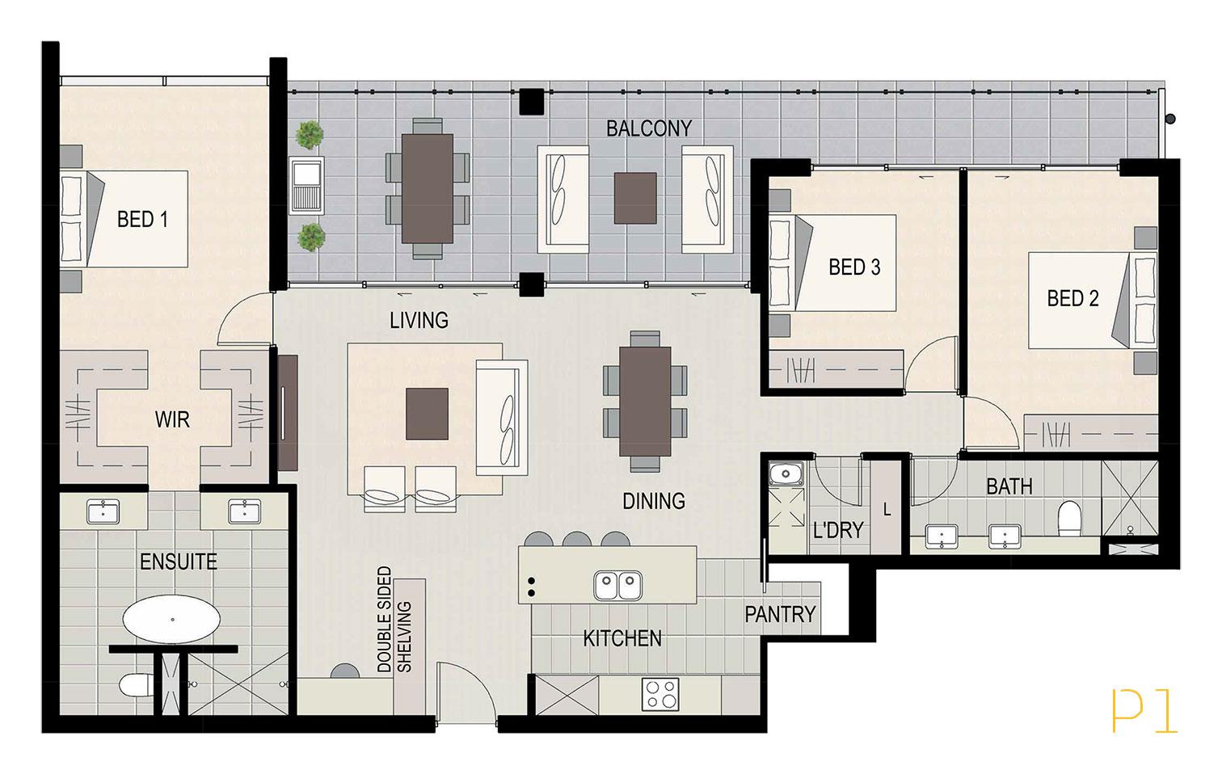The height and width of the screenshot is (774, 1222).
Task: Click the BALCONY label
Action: pyautogui.click(x=649, y=128)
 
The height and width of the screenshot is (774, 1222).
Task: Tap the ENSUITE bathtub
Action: pyautogui.click(x=172, y=620)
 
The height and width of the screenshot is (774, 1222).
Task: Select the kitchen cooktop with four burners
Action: pyautogui.click(x=660, y=694)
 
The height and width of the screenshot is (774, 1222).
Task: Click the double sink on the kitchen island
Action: pyautogui.click(x=617, y=585)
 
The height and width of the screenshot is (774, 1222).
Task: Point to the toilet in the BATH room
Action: pyautogui.click(x=1070, y=519)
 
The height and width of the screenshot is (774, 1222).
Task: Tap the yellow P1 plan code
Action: pyautogui.click(x=1144, y=711)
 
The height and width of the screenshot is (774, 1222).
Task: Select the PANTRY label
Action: pyautogui.click(x=780, y=614)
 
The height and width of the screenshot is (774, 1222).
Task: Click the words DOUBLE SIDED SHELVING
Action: pyautogui.click(x=394, y=619)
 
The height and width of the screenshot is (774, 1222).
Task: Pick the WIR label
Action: pyautogui.click(x=172, y=420)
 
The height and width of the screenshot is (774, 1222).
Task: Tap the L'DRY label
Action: pyautogui.click(x=838, y=530)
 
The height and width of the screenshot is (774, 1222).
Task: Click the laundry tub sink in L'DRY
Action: pyautogui.click(x=786, y=473)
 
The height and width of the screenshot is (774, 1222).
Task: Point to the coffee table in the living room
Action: pyautogui.click(x=428, y=414)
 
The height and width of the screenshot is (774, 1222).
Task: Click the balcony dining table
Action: pyautogui.click(x=428, y=188)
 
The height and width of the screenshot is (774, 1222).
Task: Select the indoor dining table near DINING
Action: pyautogui.click(x=645, y=402)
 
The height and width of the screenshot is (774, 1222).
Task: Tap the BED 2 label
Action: pyautogui.click(x=1072, y=298)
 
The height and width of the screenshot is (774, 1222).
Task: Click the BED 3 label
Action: pyautogui.click(x=854, y=267)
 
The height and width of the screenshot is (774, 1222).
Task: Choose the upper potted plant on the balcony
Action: pyautogui.click(x=310, y=134)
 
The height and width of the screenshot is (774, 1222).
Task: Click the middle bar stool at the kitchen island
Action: pyautogui.click(x=576, y=539)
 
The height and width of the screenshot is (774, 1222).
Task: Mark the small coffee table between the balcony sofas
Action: pyautogui.click(x=635, y=198)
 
